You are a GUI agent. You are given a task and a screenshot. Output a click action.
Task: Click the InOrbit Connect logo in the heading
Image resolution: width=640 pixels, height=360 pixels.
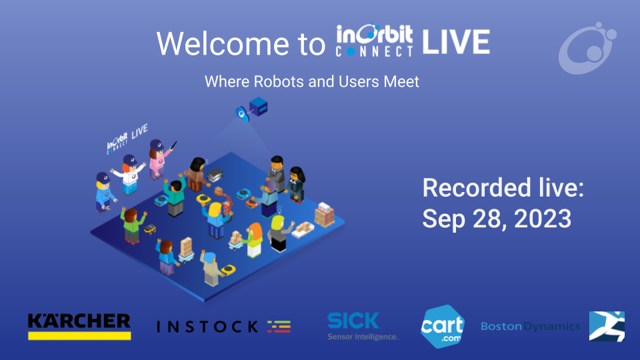coord(375,42)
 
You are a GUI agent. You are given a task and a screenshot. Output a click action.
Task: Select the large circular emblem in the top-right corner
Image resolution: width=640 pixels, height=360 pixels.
coord(586,47)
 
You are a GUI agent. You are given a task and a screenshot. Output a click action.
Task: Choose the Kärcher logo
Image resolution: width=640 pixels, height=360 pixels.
coord(79,325)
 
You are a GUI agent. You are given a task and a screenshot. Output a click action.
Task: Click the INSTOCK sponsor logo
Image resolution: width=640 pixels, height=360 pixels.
coord(223,326)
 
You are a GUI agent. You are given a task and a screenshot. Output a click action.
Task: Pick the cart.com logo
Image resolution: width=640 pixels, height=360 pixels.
coord(442,326)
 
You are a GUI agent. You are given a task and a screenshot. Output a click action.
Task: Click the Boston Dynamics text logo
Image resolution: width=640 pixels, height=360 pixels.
coord(530,327)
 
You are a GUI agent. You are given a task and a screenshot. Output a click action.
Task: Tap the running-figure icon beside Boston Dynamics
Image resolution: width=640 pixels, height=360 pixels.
coord(607,326)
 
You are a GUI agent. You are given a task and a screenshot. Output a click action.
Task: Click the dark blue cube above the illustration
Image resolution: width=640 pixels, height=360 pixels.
coord(257,105)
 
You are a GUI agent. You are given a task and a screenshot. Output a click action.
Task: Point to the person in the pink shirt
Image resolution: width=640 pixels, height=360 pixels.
coord(158,160)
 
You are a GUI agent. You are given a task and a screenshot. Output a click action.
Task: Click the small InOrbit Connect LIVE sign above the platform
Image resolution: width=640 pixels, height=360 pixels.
coord(127,139)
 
